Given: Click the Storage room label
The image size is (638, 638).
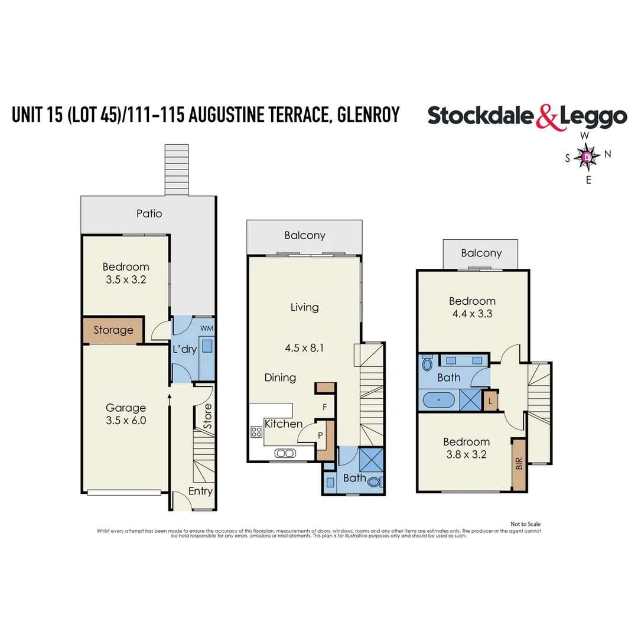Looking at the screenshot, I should [x=113, y=330].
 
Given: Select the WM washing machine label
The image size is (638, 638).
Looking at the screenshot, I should [x=207, y=328].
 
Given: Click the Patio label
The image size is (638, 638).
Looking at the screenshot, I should [x=149, y=213].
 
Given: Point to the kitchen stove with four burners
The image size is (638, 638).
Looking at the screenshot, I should [x=257, y=432].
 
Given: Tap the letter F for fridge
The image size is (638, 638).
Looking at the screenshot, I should [x=324, y=407].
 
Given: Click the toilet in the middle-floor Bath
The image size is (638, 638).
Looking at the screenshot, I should [x=375, y=481].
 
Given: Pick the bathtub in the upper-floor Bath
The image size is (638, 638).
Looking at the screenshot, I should [x=439, y=400].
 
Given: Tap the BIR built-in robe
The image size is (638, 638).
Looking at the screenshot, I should [x=519, y=464].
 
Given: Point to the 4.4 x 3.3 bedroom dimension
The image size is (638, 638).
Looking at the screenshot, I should [x=471, y=314].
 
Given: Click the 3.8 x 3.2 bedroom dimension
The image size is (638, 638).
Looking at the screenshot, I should [x=466, y=454].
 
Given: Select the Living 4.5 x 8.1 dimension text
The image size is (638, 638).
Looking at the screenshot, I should [x=304, y=348].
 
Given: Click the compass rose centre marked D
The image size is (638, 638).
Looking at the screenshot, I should [x=587, y=157].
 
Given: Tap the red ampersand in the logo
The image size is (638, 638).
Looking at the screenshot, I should [x=548, y=116].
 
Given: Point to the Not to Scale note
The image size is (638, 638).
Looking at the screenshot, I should [x=525, y=524].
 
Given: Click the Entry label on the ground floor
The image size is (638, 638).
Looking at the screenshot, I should [x=200, y=491].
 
